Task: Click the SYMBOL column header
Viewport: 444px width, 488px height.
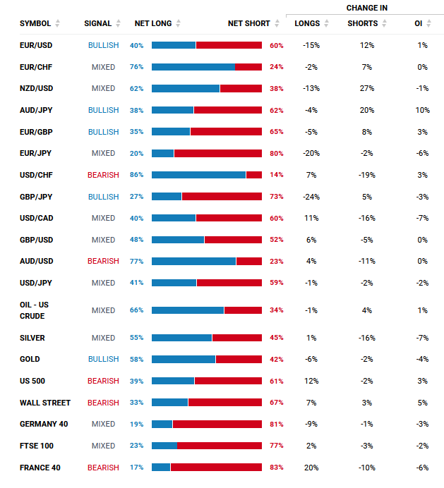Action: pos(35,23)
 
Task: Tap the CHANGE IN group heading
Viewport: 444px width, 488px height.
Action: pos(367,8)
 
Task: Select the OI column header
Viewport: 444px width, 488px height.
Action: pos(419,23)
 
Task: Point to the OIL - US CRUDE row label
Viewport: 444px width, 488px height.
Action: pos(35,310)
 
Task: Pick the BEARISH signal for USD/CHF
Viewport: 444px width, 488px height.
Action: pos(103,175)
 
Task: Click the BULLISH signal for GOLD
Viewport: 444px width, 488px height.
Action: pos(103,360)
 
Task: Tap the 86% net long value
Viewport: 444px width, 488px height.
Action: pos(136,175)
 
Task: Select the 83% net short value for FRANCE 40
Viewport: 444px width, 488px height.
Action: pos(277,468)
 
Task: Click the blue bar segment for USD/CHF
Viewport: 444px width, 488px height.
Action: pos(198,175)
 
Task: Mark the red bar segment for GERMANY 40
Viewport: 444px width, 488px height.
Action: pos(217,425)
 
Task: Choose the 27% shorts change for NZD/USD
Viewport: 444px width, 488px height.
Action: pos(367,89)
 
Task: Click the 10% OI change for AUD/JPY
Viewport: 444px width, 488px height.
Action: pos(422,110)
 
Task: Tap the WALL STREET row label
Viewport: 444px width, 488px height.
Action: pos(45,403)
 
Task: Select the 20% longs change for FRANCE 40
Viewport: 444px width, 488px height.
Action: pos(311,468)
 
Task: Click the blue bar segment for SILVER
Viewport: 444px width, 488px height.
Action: pos(181,338)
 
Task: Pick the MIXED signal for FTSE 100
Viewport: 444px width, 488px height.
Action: pos(103,446)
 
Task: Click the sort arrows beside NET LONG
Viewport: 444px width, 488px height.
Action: pos(179,23)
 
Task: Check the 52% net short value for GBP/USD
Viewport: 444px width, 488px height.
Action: pos(277,240)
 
